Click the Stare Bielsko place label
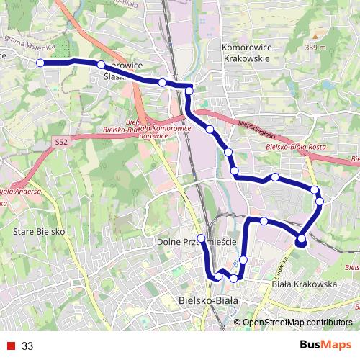[x=40, y=233]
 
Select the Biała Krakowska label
[x=305, y=284]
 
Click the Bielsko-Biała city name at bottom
[x=208, y=300]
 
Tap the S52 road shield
[x=61, y=143]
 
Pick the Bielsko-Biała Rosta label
[x=296, y=147]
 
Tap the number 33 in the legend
[x=28, y=346]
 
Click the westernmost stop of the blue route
[x=40, y=63]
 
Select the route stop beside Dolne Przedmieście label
[x=202, y=238]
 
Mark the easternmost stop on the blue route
[x=320, y=201]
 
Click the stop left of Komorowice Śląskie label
[x=101, y=66]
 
